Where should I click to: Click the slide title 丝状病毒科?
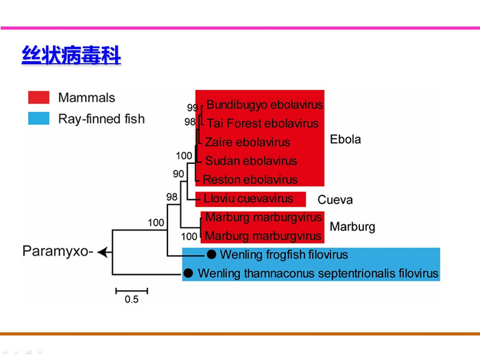pos(71,56)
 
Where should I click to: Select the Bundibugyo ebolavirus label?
pos(264,105)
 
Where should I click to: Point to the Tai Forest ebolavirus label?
pos(262,123)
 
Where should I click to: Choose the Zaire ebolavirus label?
pos(248,142)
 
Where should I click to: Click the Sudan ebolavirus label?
pos(251,160)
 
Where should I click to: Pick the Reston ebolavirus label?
pos(251,179)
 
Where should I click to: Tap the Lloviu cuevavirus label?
pos(249,199)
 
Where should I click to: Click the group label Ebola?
pos(345,140)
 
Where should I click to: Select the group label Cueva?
pos(335,200)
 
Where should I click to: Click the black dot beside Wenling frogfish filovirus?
pos(212,254)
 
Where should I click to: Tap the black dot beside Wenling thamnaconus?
pos(188,274)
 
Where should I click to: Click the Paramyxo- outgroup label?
pos(57,251)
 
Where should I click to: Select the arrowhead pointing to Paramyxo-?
pos(102,252)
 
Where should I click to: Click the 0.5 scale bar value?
pos(131,300)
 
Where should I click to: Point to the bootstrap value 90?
pos(178,174)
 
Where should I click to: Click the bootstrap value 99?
pos(192,108)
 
